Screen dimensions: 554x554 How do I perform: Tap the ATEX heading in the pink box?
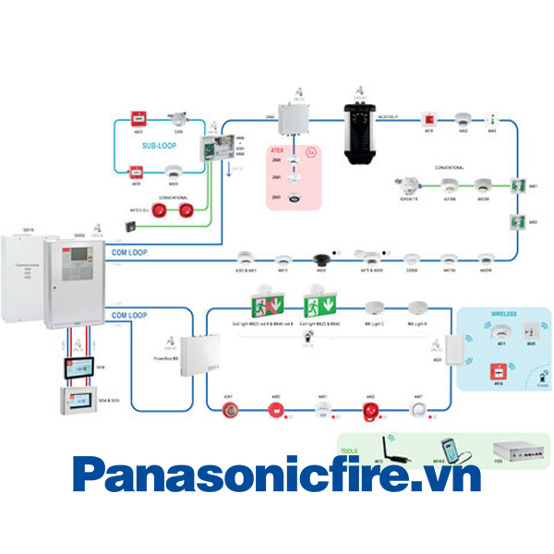click(x=277, y=150)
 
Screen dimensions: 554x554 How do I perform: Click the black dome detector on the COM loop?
click(x=323, y=259)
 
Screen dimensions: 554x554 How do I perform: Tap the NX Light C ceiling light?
click(x=374, y=309)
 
